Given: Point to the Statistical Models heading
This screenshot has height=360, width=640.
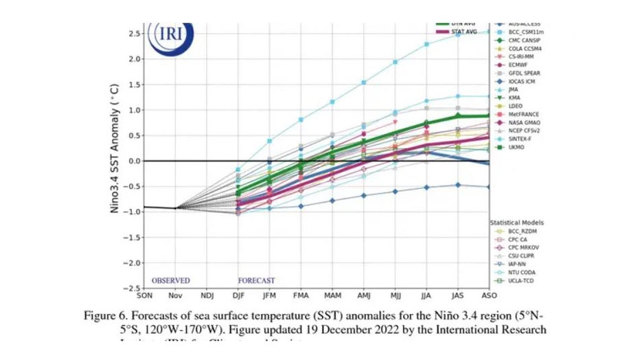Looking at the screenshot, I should point(517,223).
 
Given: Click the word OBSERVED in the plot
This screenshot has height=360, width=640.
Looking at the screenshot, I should point(170,280).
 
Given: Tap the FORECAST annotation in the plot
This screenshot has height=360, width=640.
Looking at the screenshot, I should point(256,280).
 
